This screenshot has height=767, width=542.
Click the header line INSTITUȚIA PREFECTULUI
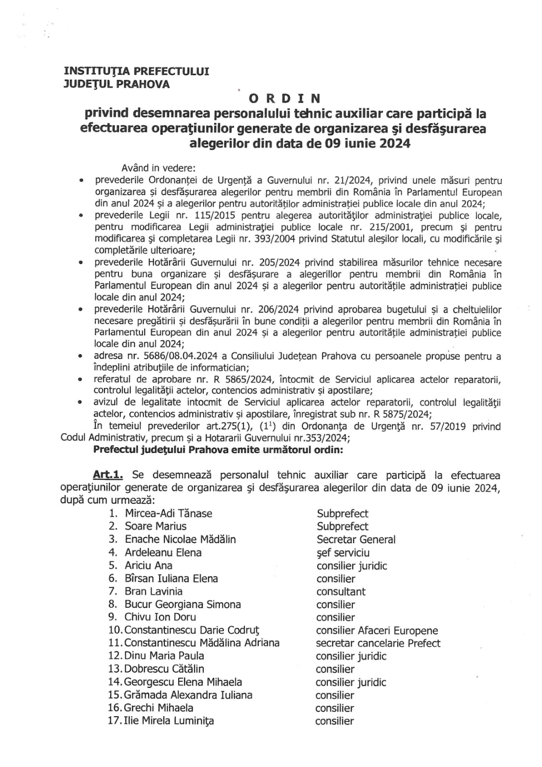tap(137, 71)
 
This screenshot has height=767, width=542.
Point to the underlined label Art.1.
tap(108, 475)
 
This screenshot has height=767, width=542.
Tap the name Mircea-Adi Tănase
tap(168, 513)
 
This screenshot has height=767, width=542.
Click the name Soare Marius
tap(156, 526)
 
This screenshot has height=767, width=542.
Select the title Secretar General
tap(356, 539)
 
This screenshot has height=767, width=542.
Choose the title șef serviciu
tap(343, 553)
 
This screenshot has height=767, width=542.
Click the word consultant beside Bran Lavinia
tap(341, 592)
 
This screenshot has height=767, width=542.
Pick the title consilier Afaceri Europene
tap(377, 630)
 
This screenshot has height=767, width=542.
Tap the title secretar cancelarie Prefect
tap(378, 643)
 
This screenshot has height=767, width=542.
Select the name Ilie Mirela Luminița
tap(169, 721)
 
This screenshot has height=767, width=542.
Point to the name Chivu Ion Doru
tap(160, 617)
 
